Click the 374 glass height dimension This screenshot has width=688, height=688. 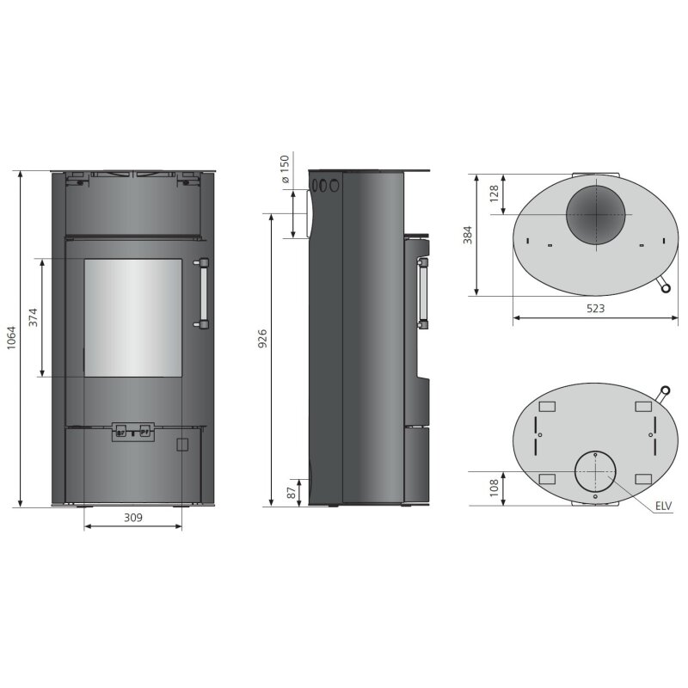tap(34, 317)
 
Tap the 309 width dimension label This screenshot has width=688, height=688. tap(132, 518)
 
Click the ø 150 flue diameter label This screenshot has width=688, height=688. tap(285, 170)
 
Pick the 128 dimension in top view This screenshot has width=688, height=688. tap(494, 193)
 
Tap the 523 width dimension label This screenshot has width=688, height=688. tap(595, 308)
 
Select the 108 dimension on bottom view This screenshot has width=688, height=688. tap(494, 488)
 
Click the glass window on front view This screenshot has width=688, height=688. tap(132, 316)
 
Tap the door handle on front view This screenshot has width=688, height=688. tap(203, 292)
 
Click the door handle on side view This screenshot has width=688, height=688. tap(423, 293)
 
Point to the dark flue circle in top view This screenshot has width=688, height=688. tap(596, 214)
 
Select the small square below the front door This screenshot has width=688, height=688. tap(181, 445)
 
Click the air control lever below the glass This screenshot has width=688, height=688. tap(132, 432)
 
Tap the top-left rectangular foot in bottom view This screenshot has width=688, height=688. tap(546, 406)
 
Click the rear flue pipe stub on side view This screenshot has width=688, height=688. tap(303, 213)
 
